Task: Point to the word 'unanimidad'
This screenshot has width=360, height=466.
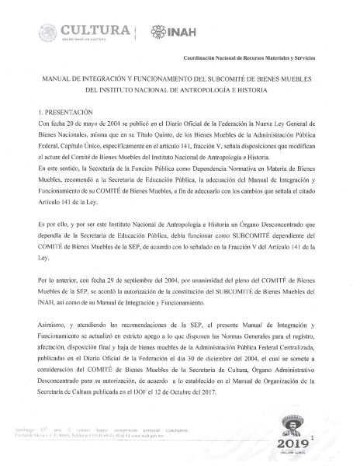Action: [213, 278]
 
